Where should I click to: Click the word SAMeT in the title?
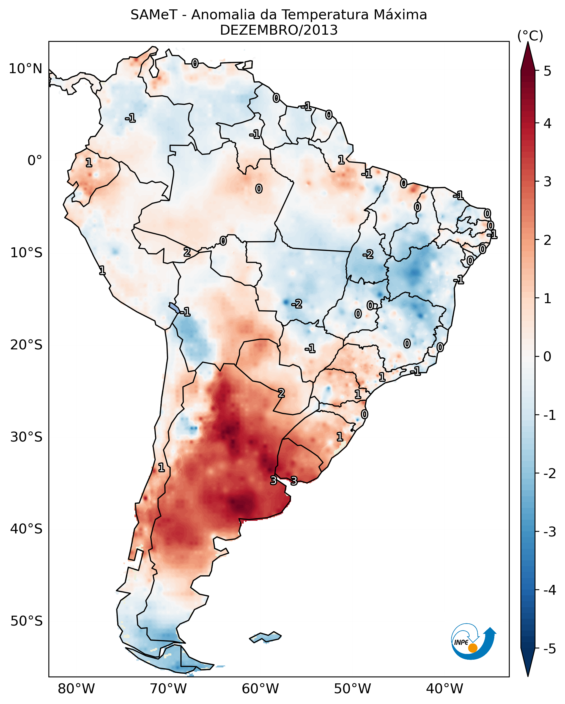click(x=154, y=15)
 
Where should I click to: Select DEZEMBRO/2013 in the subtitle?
click(x=279, y=30)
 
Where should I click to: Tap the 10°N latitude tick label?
click(x=26, y=69)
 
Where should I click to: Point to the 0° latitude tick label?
click(x=35, y=161)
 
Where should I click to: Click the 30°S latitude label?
click(x=26, y=437)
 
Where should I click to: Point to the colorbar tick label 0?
click(x=547, y=357)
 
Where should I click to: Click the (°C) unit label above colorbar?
click(x=530, y=36)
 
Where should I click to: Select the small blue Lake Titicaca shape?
click(x=174, y=307)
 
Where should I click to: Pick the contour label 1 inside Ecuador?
click(x=89, y=163)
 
